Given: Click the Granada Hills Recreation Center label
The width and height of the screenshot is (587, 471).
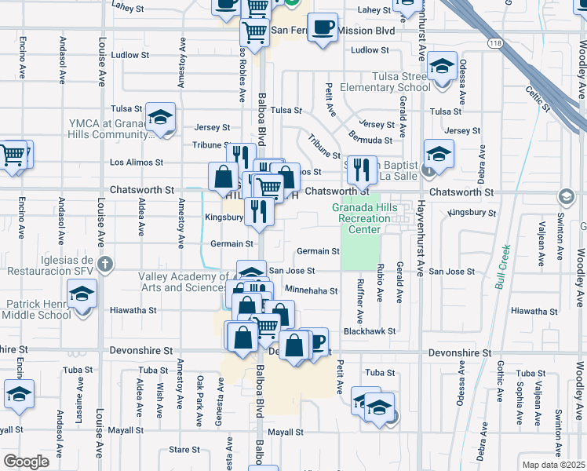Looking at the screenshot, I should [365, 218].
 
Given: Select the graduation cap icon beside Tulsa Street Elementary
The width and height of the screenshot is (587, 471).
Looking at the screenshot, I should [443, 66].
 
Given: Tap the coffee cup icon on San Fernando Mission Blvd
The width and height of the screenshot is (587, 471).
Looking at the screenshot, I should [322, 28].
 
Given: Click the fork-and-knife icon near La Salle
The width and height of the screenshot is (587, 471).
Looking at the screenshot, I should [360, 168].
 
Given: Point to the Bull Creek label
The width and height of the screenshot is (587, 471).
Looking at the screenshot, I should [502, 267].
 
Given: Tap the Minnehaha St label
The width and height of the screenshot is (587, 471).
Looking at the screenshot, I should [311, 290].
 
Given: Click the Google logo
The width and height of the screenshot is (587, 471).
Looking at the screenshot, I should [27, 462].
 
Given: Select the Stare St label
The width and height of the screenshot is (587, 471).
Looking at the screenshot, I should [184, 451].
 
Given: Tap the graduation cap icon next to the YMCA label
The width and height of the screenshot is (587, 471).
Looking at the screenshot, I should [160, 118].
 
